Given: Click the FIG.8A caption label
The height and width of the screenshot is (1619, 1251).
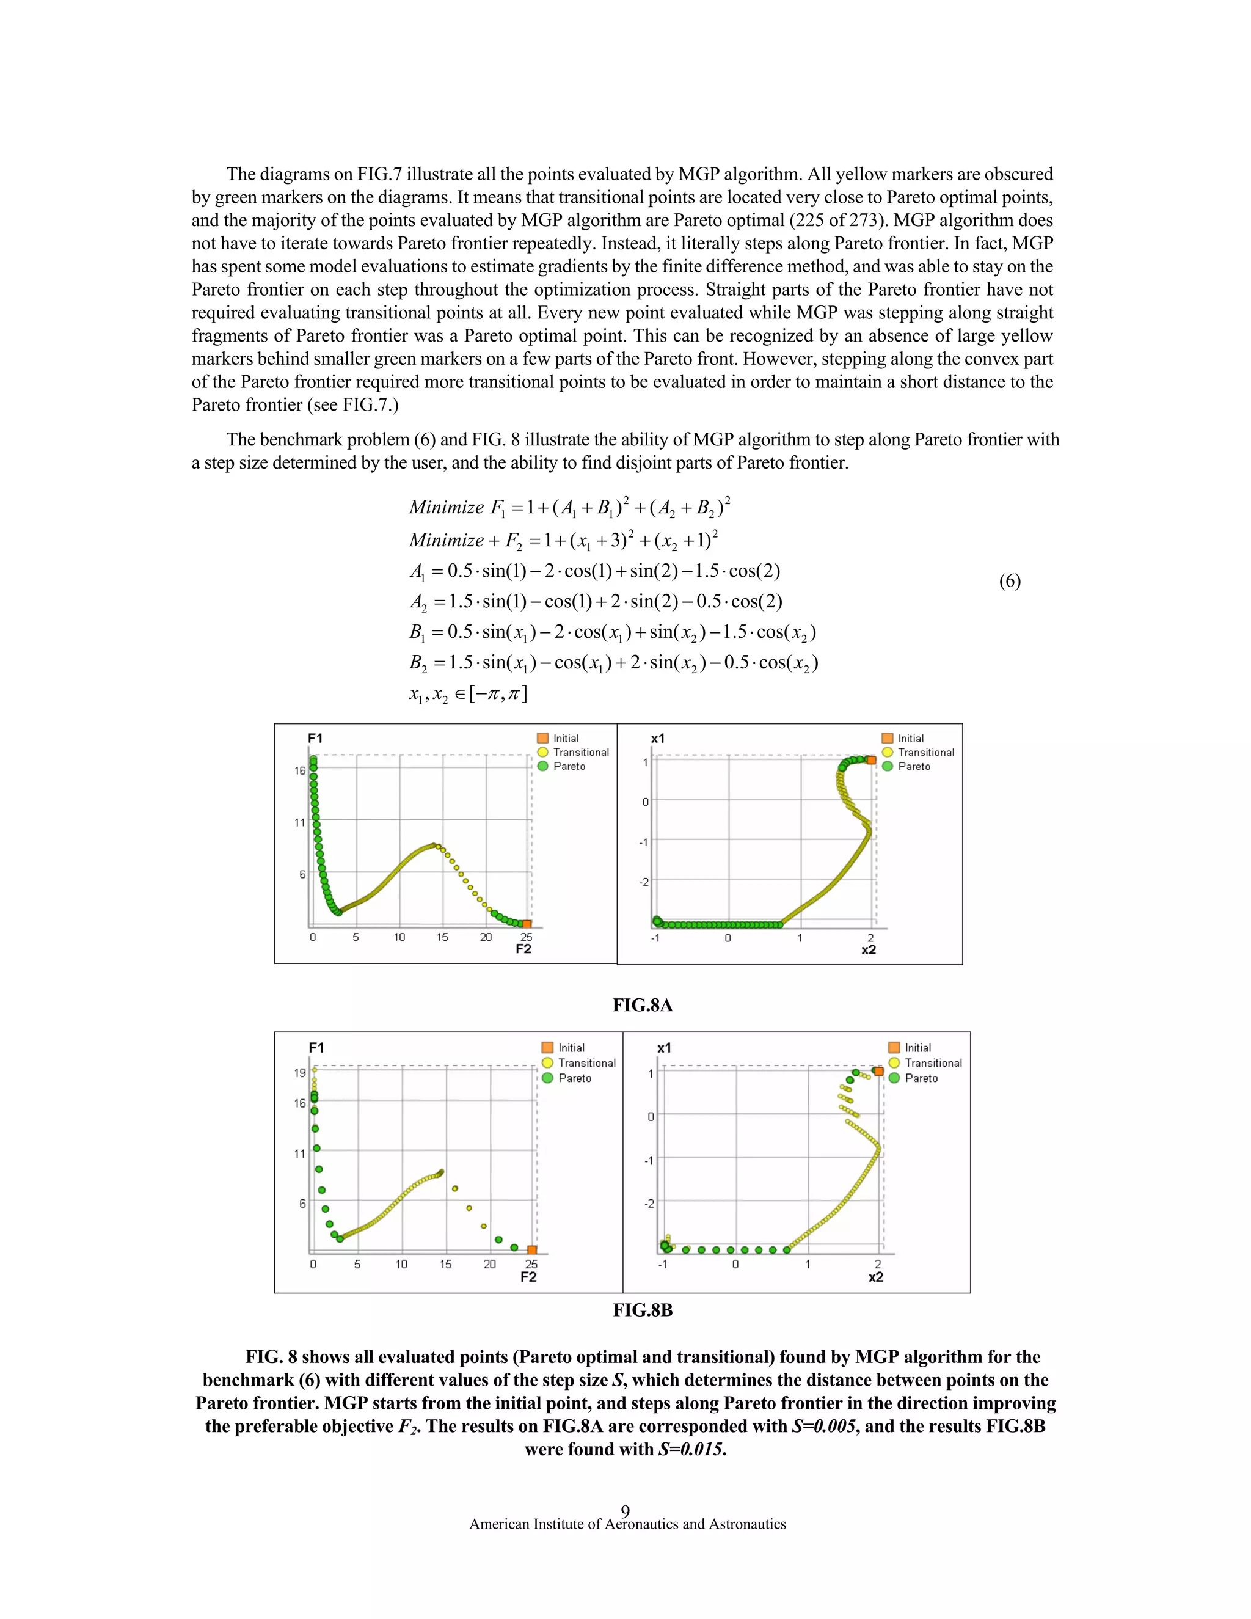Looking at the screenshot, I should (642, 1005).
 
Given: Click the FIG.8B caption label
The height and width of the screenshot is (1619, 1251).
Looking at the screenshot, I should (643, 1310).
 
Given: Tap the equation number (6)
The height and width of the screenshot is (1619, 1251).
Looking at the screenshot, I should (1009, 580).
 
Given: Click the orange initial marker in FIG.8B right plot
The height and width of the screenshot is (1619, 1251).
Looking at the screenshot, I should (879, 1071).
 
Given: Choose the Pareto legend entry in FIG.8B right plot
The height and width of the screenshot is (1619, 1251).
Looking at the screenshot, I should (921, 1078).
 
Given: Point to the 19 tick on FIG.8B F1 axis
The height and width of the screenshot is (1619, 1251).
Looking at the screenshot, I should (299, 1073).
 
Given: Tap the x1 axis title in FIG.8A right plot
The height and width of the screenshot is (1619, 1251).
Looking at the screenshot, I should (657, 739).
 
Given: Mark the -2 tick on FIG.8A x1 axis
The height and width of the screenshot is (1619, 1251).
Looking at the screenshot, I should (643, 882).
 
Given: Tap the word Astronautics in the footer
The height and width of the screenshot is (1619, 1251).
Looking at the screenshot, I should (747, 1524).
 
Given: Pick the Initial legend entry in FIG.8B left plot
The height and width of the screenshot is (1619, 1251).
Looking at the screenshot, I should (571, 1047).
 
